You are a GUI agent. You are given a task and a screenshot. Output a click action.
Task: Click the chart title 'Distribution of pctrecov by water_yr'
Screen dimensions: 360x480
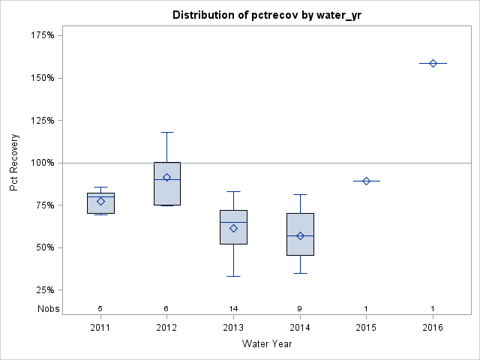pyautogui.click(x=267, y=15)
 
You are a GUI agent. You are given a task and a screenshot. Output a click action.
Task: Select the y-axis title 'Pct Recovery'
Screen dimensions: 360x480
pyautogui.click(x=14, y=163)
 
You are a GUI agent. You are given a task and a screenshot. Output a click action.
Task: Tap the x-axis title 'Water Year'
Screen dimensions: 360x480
pyautogui.click(x=267, y=343)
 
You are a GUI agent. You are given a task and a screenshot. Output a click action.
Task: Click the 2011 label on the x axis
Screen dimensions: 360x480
pyautogui.click(x=100, y=327)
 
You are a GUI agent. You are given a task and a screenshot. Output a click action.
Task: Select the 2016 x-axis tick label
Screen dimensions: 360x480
pyautogui.click(x=433, y=327)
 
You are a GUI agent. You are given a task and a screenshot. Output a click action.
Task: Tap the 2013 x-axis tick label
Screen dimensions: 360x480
pyautogui.click(x=233, y=327)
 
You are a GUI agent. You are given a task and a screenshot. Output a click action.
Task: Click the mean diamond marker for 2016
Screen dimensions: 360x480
pyautogui.click(x=433, y=63)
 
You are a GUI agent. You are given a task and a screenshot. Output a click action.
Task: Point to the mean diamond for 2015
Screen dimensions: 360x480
pyautogui.click(x=366, y=181)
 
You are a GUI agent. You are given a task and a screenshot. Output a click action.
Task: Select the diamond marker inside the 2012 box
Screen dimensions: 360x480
pyautogui.click(x=166, y=178)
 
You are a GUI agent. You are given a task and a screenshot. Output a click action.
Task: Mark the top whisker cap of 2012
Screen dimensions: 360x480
pyautogui.click(x=166, y=132)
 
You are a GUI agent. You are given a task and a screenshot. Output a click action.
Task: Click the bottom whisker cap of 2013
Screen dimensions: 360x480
pyautogui.click(x=233, y=276)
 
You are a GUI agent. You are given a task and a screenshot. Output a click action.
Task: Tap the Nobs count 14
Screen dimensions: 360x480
pyautogui.click(x=233, y=308)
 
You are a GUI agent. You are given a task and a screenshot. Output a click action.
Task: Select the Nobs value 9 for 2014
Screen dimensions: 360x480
pyautogui.click(x=300, y=308)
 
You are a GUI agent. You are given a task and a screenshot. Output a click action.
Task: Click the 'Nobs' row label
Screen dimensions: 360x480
pyautogui.click(x=48, y=308)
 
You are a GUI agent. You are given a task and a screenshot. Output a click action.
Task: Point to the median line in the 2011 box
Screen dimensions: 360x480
pyautogui.click(x=100, y=196)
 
